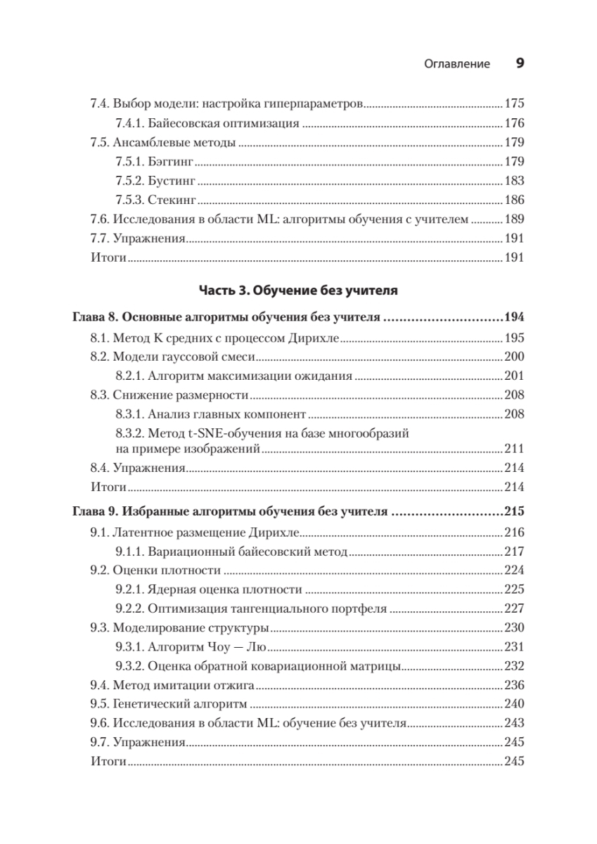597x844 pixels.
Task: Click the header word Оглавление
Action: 457,64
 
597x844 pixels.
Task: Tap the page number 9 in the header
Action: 520,63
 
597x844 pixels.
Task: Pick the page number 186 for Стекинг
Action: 515,200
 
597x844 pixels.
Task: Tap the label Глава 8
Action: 96,318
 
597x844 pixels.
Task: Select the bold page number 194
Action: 514,318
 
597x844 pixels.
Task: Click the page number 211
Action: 515,448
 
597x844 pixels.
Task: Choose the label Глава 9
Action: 96,512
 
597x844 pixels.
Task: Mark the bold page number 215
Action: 514,512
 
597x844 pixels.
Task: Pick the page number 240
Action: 515,704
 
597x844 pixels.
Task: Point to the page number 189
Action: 515,219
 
